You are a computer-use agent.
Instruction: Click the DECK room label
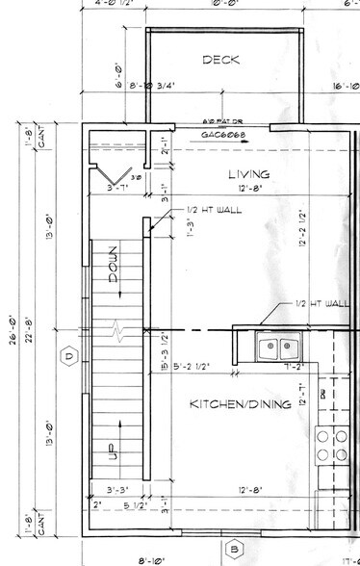(213, 61)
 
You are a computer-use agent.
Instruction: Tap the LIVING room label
(247, 173)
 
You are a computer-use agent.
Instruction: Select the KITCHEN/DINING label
(240, 403)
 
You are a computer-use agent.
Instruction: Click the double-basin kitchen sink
(279, 346)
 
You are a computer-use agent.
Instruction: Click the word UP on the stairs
(112, 450)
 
